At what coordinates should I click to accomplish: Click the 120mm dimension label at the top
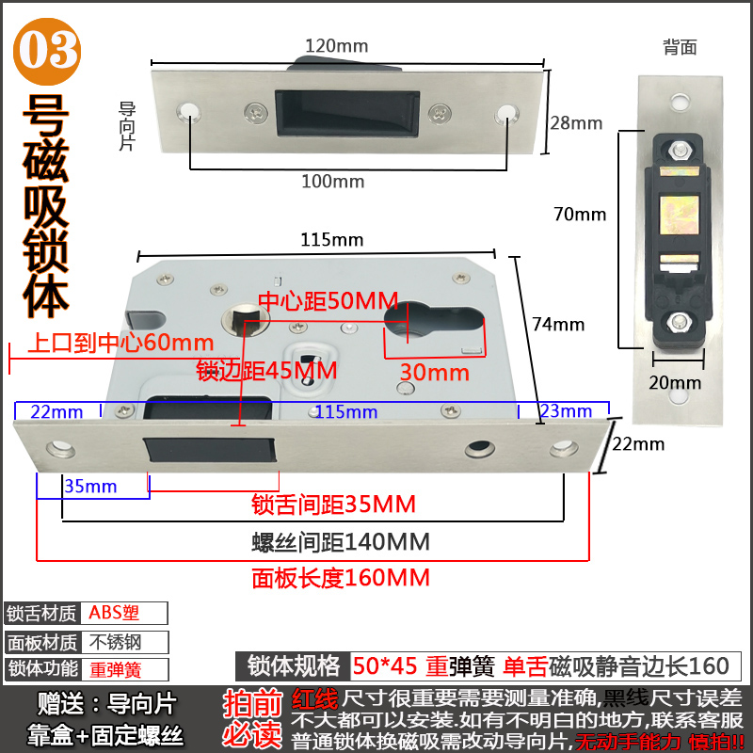click(336, 45)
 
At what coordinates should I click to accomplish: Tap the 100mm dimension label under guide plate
click(332, 181)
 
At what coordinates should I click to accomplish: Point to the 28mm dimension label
click(575, 122)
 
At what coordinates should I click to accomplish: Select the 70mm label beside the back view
click(580, 214)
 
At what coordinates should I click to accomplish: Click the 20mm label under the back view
click(675, 382)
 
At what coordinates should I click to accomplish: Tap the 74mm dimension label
click(558, 325)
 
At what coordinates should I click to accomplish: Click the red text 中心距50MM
click(315, 302)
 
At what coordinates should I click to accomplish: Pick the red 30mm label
click(434, 372)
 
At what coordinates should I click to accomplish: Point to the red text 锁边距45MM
click(266, 370)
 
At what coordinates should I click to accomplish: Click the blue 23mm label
click(566, 410)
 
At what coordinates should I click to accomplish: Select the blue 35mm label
click(90, 486)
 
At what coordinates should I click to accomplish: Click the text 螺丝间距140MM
click(341, 542)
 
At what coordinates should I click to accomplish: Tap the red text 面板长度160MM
click(341, 577)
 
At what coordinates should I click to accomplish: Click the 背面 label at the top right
click(680, 47)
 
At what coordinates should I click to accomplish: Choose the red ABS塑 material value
click(114, 613)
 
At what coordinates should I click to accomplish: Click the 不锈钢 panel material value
click(114, 642)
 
